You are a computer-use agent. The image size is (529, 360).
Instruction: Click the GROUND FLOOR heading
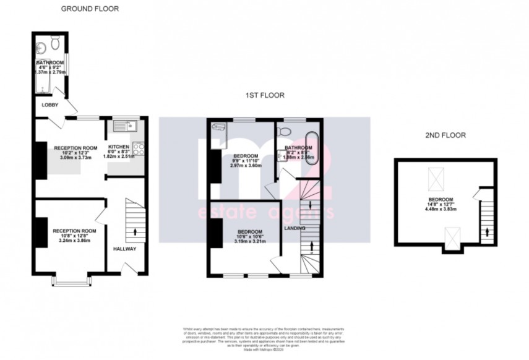[90, 9]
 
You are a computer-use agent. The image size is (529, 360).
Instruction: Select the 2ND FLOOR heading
[445, 134]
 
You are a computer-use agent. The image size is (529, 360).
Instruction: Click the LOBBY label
[49, 105]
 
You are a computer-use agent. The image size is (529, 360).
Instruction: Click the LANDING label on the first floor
[294, 228]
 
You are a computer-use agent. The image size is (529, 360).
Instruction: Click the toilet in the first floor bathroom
[284, 131]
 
